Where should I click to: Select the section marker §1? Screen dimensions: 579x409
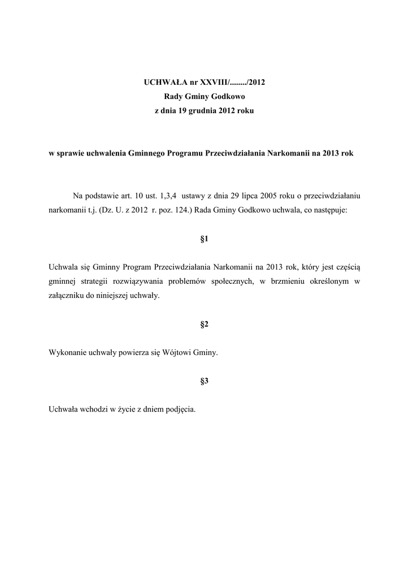[204, 239]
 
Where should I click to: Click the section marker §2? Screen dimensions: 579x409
[204, 324]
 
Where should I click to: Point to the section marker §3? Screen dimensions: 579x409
[204, 381]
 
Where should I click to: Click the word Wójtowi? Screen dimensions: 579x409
[180, 353]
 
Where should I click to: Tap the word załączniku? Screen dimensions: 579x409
[67, 296]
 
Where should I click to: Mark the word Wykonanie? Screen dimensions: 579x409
[67, 353]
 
